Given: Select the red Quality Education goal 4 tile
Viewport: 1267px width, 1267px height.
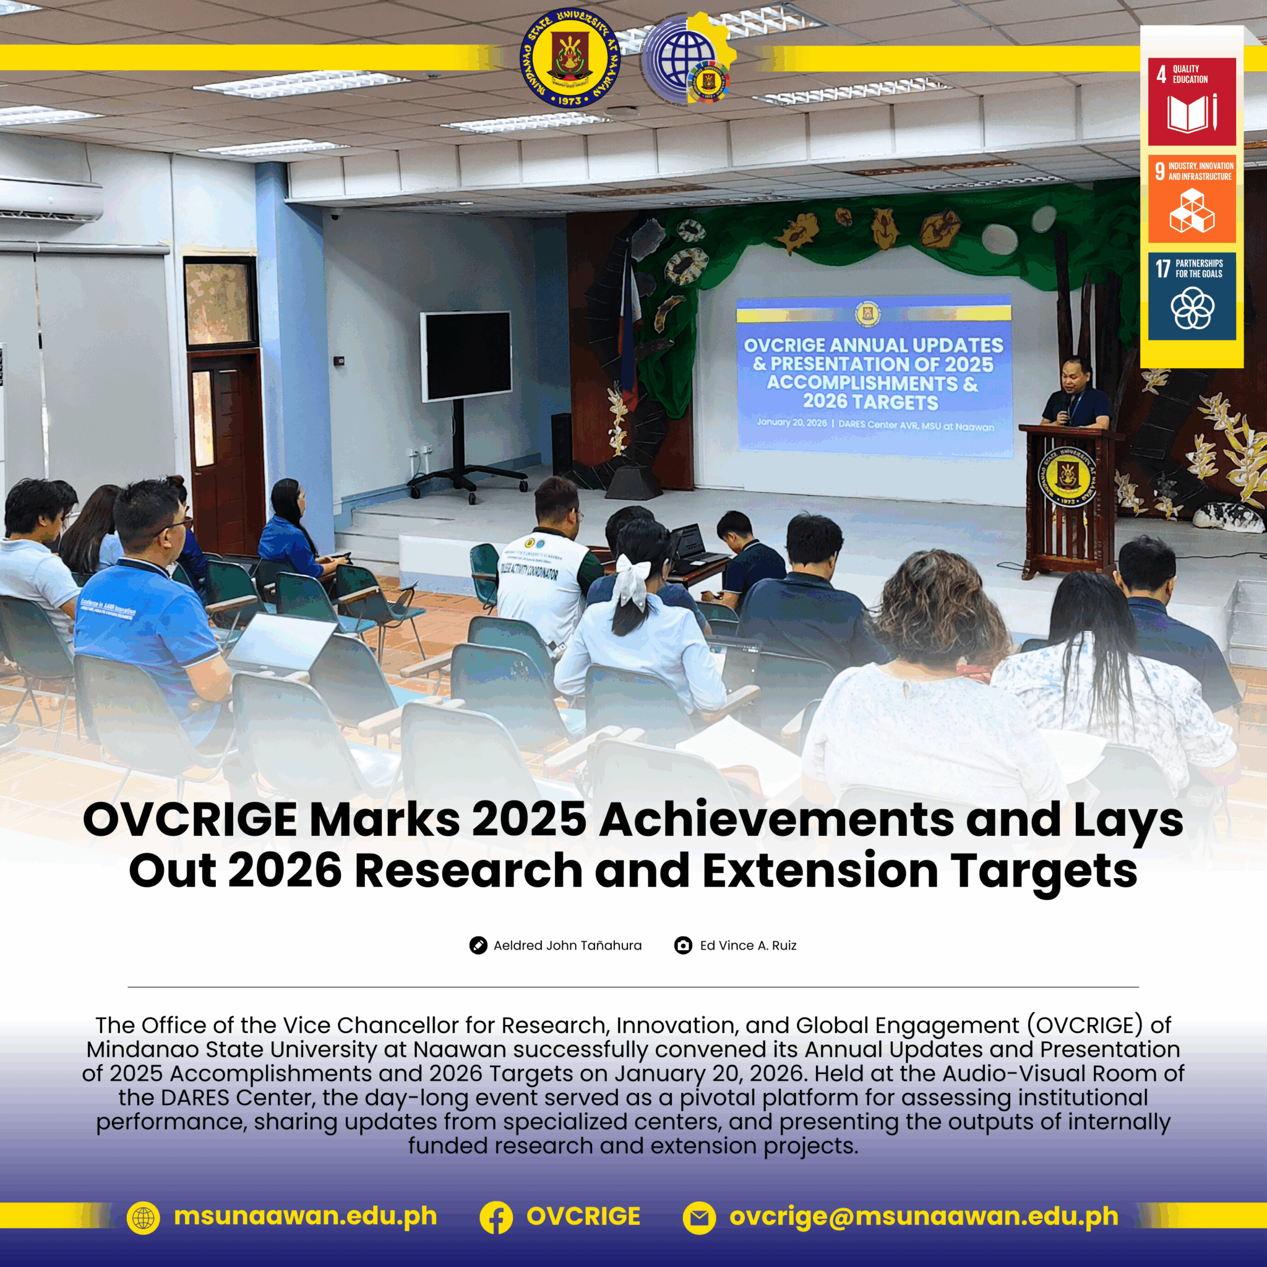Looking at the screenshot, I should coord(1192,101).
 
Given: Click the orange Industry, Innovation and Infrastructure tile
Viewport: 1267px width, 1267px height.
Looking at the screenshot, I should coord(1192,199).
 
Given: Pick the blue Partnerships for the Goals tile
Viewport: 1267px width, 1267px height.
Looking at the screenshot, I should coord(1192,296).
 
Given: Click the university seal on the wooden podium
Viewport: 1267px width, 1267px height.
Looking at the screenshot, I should coord(1067,476).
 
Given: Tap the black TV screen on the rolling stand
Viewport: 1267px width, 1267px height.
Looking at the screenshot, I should coord(466,356).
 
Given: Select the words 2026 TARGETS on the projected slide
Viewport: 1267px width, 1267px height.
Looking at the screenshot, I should coord(870,402).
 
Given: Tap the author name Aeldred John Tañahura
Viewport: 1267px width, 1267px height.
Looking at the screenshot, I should coord(567,945).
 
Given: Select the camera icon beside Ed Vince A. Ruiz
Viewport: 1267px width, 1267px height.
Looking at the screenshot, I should coord(683,945).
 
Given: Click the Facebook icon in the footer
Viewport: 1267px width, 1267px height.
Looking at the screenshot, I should coord(496,1218).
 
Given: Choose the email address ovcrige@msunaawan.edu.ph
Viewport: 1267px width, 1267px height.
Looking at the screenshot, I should coord(924,1216).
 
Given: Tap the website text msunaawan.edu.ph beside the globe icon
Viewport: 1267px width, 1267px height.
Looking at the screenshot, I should coord(305,1216).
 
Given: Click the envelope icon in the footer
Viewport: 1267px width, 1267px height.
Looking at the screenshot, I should coord(699,1218).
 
